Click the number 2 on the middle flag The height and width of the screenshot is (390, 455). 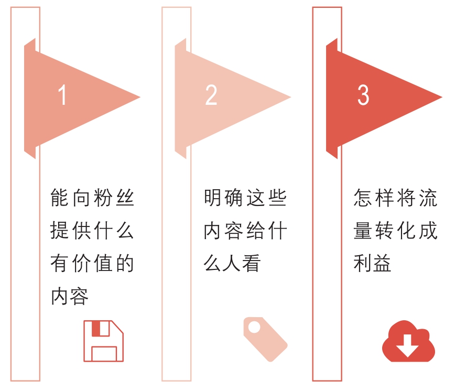click(211, 95)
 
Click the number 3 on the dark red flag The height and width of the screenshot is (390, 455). click(363, 95)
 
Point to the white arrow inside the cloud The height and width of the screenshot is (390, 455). click(408, 346)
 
